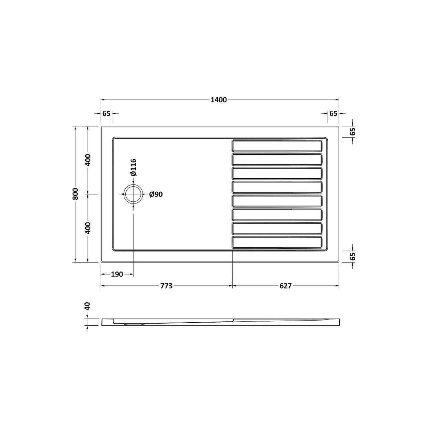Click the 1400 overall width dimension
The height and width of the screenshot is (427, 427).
pos(219,100)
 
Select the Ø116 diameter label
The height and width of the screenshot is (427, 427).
pos(133,167)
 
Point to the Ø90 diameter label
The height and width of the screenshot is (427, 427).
pos(156,194)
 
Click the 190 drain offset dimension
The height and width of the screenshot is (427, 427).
pos(117,274)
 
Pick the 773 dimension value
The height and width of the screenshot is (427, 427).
pos(166,286)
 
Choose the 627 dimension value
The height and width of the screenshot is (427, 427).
pos(286,286)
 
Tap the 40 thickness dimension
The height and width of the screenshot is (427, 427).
pos(87,306)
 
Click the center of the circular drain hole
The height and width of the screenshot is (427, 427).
pos(133,194)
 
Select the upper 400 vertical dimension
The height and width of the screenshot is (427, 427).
pos(87,161)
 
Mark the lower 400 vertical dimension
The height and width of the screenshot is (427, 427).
pos(87,228)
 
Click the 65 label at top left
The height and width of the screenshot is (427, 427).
pos(106,113)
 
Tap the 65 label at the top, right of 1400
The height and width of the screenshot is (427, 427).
pos(333,113)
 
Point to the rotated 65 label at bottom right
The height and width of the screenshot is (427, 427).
pos(353,257)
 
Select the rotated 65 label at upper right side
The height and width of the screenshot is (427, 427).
pos(353,131)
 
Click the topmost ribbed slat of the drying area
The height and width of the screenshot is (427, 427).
pos(277,146)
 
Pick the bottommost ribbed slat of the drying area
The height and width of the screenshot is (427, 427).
pos(277,243)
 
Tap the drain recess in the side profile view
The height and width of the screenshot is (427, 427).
pos(135,323)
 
